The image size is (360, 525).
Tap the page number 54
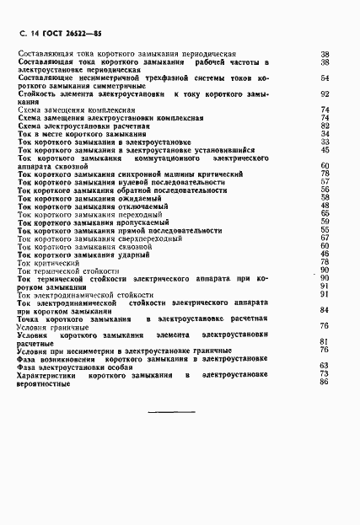(324, 78)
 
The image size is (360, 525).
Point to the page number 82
(324, 126)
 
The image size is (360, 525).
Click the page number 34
(324, 133)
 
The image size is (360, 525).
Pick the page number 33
(324, 142)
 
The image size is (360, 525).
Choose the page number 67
(324, 238)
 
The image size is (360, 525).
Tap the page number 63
(324, 365)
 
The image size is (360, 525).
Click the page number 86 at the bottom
(324, 381)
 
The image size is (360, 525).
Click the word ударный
(118, 254)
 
